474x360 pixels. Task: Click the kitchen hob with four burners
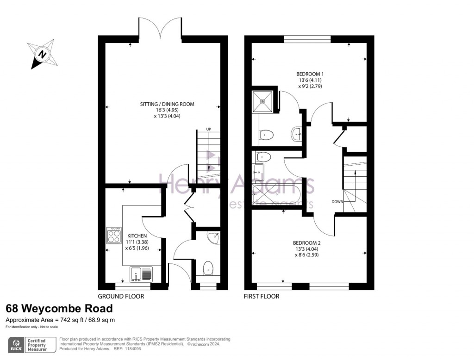[114, 236]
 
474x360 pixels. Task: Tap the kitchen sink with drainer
[141, 274]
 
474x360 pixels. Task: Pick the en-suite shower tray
[263, 101]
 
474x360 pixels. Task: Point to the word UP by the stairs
[208, 129]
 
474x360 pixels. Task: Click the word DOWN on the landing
[337, 202]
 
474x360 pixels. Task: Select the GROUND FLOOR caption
[121, 296]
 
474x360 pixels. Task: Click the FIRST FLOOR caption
[262, 296]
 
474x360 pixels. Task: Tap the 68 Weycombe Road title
[59, 308]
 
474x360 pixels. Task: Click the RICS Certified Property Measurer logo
[32, 345]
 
